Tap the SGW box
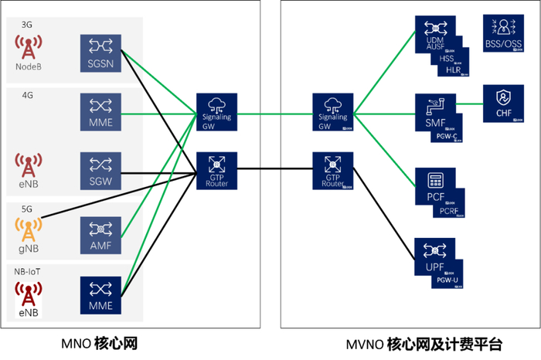(101, 172)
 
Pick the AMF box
(101, 234)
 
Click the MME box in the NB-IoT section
(101, 296)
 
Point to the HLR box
(454, 70)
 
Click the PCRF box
(449, 211)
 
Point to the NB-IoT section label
(29, 273)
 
